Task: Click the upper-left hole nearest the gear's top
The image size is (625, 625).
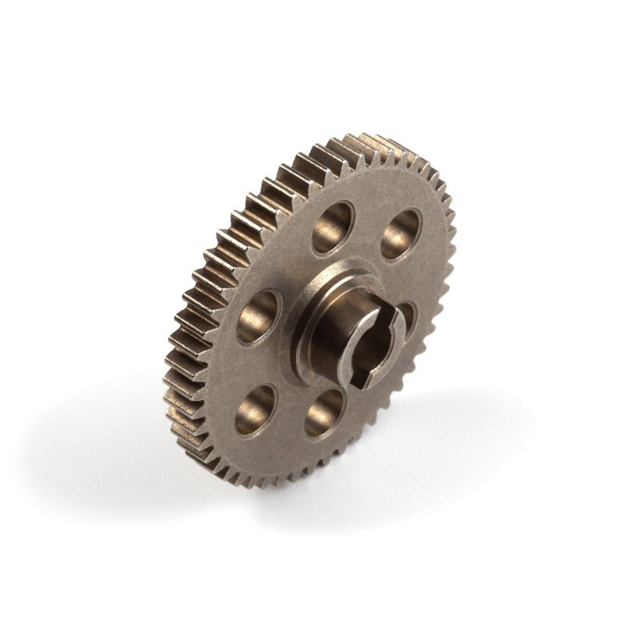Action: [332, 227]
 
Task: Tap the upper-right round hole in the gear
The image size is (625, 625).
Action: [401, 234]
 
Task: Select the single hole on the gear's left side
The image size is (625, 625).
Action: [259, 316]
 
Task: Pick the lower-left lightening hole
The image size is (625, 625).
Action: [256, 409]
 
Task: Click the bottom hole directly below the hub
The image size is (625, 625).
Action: [324, 412]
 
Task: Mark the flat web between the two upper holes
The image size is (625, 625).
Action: [367, 223]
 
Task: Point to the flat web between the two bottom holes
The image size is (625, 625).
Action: [289, 422]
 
